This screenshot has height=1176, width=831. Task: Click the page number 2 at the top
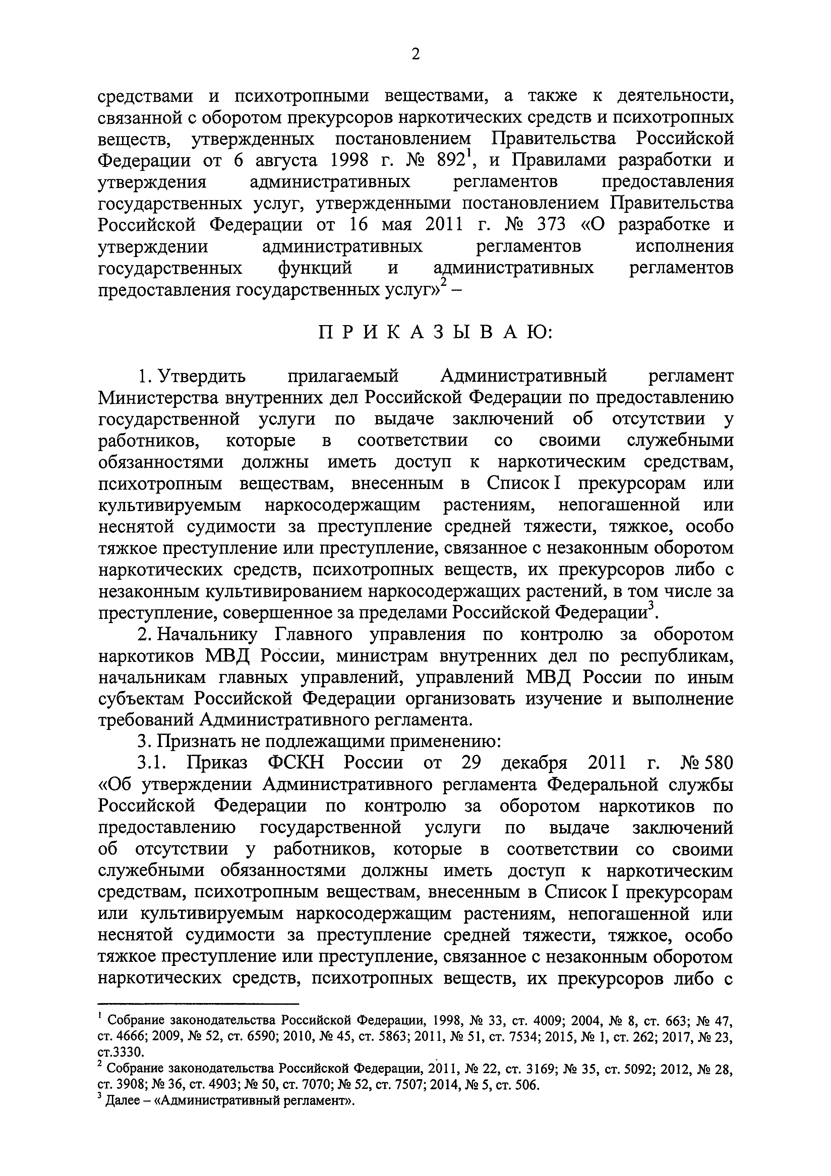pos(415,54)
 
